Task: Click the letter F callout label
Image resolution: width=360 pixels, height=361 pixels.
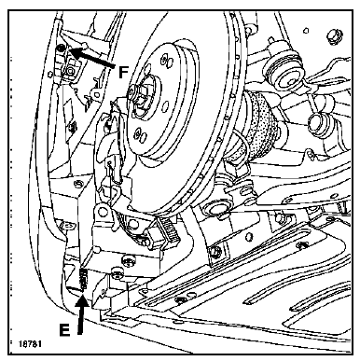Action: point(124,73)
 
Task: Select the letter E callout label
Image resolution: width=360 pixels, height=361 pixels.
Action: point(64,329)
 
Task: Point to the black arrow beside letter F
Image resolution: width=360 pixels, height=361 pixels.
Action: point(90,57)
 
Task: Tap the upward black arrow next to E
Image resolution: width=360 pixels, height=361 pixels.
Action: point(82,314)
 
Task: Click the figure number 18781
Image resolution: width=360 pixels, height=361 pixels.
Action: point(30,344)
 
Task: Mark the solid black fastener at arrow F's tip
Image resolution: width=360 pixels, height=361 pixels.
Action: point(62,48)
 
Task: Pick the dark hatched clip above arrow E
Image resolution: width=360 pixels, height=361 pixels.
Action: point(83,279)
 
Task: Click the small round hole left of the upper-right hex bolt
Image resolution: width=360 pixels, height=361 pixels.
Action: point(306,31)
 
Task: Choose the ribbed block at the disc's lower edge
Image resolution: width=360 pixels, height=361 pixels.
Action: point(169,229)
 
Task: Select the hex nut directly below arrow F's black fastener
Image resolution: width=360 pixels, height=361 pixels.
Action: point(70,72)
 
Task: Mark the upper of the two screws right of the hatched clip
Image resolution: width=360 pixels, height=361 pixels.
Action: point(126,258)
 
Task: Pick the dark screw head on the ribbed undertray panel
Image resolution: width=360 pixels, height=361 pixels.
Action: point(179,300)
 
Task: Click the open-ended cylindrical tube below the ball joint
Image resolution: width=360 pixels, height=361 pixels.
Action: point(317,124)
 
